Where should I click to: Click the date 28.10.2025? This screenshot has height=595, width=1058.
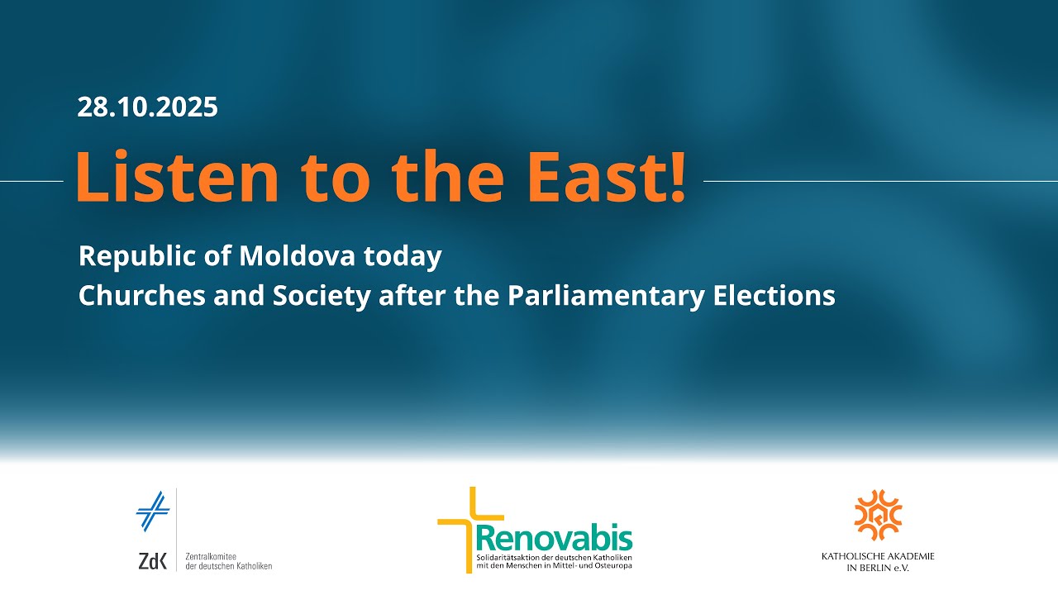pyautogui.click(x=147, y=107)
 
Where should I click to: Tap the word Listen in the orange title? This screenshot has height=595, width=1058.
pyautogui.click(x=178, y=177)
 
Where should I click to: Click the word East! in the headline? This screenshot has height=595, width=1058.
pyautogui.click(x=606, y=177)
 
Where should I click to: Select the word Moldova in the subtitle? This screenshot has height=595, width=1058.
pyautogui.click(x=297, y=255)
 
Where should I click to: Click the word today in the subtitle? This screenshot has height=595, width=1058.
pyautogui.click(x=403, y=257)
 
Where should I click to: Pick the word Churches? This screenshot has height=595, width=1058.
pyautogui.click(x=142, y=295)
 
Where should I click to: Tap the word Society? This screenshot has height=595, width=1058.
pyautogui.click(x=322, y=297)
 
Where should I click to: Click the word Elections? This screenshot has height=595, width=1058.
pyautogui.click(x=774, y=295)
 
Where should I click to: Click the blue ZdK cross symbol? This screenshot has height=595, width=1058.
pyautogui.click(x=153, y=512)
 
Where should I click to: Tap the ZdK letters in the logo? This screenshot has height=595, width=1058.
pyautogui.click(x=153, y=561)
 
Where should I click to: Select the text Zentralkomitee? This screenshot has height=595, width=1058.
pyautogui.click(x=211, y=557)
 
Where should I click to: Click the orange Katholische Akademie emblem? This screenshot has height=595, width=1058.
pyautogui.click(x=878, y=515)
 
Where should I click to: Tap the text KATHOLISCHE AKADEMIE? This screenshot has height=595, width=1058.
pyautogui.click(x=878, y=556)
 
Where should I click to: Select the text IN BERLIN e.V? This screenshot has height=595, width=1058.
pyautogui.click(x=878, y=568)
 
